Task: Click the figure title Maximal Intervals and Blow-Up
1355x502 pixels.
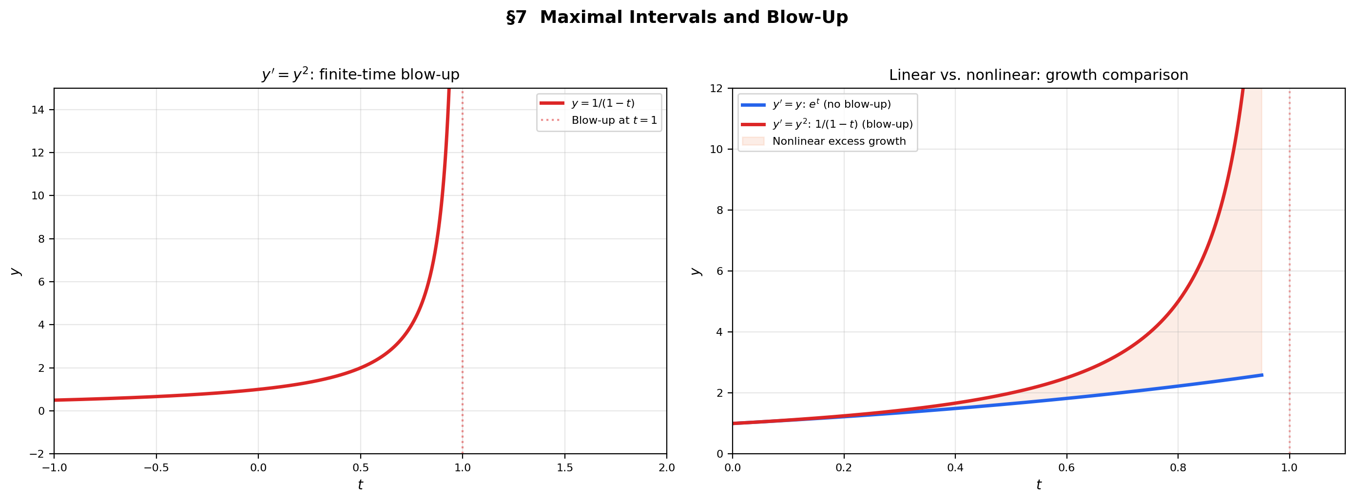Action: pyautogui.click(x=693, y=18)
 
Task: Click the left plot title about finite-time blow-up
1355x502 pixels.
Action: pyautogui.click(x=360, y=75)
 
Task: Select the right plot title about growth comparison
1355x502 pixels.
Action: pyautogui.click(x=1038, y=75)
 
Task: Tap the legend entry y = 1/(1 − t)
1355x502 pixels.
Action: pyautogui.click(x=603, y=104)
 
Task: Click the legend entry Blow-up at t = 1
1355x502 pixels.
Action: pyautogui.click(x=614, y=120)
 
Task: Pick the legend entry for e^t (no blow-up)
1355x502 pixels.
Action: pyautogui.click(x=831, y=105)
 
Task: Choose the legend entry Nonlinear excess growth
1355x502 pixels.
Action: pyautogui.click(x=838, y=141)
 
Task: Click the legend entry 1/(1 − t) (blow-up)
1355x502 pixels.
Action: pyautogui.click(x=842, y=125)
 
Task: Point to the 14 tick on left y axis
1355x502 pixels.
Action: pyautogui.click(x=38, y=110)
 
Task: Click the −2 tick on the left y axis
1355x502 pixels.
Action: pyautogui.click(x=36, y=454)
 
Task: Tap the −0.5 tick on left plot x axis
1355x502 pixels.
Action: pyautogui.click(x=156, y=468)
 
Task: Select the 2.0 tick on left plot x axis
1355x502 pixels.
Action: pyautogui.click(x=666, y=468)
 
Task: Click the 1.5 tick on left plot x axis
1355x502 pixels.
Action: pyautogui.click(x=564, y=468)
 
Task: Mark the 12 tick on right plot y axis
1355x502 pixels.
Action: pyautogui.click(x=716, y=88)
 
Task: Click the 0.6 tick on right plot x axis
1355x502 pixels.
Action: pyautogui.click(x=1066, y=468)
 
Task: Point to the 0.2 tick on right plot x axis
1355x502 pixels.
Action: pyautogui.click(x=844, y=468)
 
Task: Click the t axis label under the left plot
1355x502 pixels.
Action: pyautogui.click(x=360, y=484)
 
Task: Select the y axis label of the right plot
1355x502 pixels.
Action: pyautogui.click(x=696, y=271)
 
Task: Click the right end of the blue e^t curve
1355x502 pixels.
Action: pyautogui.click(x=1262, y=375)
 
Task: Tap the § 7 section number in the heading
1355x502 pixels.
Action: pyautogui.click(x=516, y=18)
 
